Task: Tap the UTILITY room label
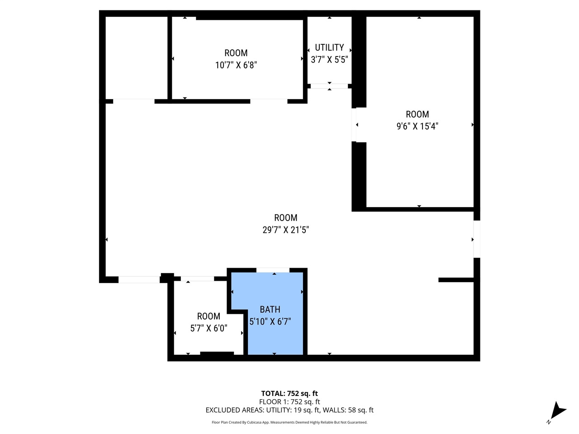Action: pos(329,47)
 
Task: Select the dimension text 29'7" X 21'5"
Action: pos(285,230)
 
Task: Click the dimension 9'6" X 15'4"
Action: pos(417,126)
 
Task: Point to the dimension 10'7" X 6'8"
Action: pos(236,65)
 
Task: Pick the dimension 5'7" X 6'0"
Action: pos(209,328)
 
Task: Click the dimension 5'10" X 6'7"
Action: pos(270,321)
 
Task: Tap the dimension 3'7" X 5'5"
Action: pos(329,60)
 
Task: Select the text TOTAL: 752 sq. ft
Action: pos(289,393)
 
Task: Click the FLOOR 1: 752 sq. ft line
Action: pos(289,401)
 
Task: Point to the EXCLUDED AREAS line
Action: pos(289,410)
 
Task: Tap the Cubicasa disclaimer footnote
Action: pos(289,422)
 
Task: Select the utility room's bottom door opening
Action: pos(329,86)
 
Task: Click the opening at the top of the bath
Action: pos(273,270)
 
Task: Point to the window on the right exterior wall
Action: pos(477,239)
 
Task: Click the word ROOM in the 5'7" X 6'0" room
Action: pos(209,316)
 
